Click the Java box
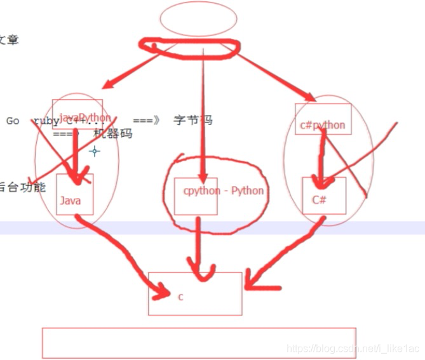pyautogui.click(x=75, y=195)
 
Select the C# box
pyautogui.click(x=324, y=196)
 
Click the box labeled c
pyautogui.click(x=195, y=293)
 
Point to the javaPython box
pyautogui.click(x=77, y=115)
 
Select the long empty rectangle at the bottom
pyautogui.click(x=199, y=343)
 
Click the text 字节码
pyautogui.click(x=192, y=121)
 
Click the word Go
pyautogui.click(x=13, y=121)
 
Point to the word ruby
pyautogui.click(x=44, y=121)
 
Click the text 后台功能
pyautogui.click(x=23, y=188)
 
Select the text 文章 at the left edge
pyautogui.click(x=9, y=39)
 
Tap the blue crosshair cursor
pyautogui.click(x=95, y=151)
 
